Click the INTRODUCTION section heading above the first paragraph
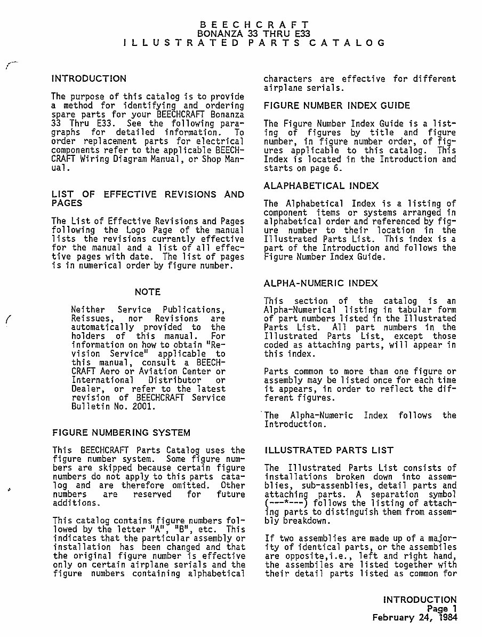[89, 79]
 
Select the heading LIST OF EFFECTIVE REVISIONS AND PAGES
[148, 199]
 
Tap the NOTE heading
[148, 292]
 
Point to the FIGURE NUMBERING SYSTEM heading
[121, 432]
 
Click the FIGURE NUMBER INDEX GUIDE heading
[337, 106]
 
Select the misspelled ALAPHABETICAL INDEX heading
[322, 186]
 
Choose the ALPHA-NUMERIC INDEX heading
[321, 283]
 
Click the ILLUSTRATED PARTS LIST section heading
[329, 450]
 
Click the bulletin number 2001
[143, 406]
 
